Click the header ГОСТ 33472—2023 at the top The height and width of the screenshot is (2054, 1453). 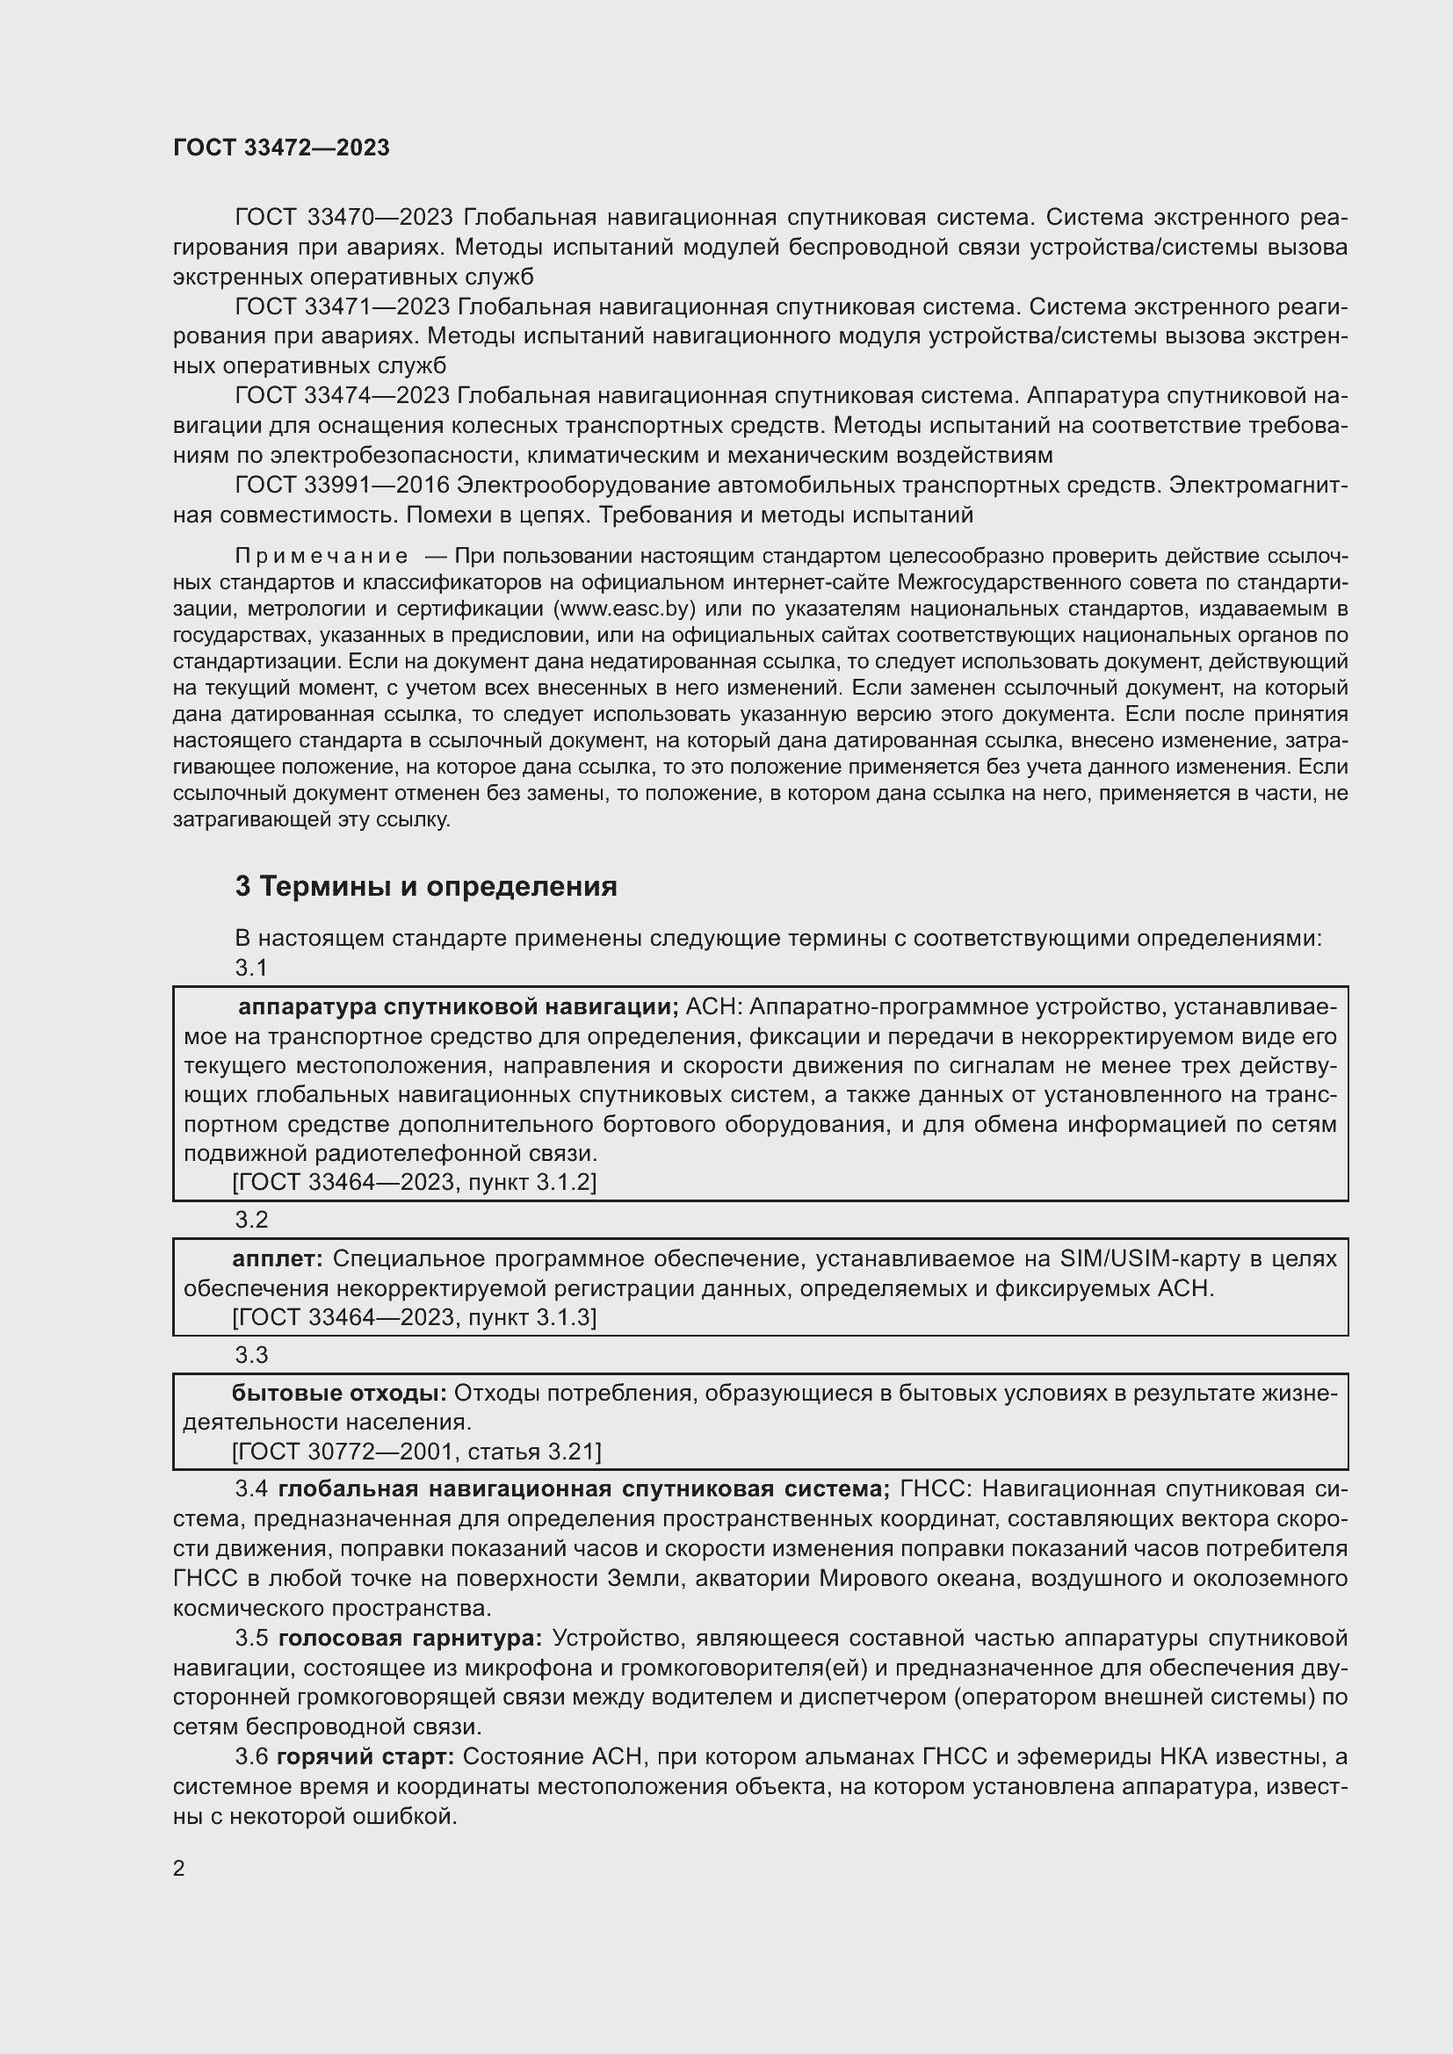pos(281,148)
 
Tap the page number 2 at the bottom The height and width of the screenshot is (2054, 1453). pos(179,1869)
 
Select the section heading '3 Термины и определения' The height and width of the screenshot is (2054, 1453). pos(426,887)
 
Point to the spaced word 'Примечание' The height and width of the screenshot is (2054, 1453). pos(322,557)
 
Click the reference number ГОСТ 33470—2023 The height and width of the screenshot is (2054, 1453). pos(344,218)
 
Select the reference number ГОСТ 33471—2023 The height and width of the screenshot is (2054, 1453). pos(342,306)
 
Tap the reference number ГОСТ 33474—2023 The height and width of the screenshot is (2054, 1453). pos(342,395)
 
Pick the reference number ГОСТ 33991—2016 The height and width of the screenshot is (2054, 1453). pos(342,485)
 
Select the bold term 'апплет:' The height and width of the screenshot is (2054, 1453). pos(278,1258)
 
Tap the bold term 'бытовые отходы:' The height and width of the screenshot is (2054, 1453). pos(339,1393)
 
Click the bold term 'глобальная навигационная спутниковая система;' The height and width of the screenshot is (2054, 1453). pos(583,1489)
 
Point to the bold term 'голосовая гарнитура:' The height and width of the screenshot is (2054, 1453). pos(409,1638)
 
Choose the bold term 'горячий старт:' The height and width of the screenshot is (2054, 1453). pos(365,1757)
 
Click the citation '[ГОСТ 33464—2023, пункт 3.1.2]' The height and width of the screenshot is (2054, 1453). pos(415,1183)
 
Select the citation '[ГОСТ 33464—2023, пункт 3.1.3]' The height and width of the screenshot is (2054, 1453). pos(415,1317)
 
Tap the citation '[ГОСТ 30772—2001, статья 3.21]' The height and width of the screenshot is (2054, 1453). pos(417,1451)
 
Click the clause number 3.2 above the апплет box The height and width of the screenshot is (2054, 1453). pos(251,1221)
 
